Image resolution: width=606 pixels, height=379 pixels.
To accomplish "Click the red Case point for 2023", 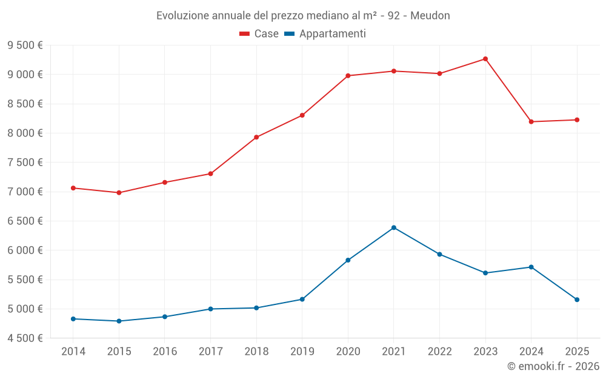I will tap(485, 59).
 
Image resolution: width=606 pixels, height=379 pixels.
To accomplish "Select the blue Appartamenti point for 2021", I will tap(394, 227).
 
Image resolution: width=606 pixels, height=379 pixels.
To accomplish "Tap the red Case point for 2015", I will tap(119, 193).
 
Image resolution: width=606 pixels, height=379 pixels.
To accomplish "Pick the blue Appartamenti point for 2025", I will tap(577, 300).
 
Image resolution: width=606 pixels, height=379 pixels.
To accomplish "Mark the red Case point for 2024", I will tap(531, 122).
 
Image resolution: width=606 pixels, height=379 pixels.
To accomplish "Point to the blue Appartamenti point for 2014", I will tap(73, 319).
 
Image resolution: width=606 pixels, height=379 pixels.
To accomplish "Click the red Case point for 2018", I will tap(256, 137).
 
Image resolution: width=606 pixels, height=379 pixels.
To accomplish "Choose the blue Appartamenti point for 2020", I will tap(348, 260).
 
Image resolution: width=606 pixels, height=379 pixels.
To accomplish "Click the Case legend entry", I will tap(259, 34).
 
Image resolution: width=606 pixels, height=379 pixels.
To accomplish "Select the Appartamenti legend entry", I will tap(325, 34).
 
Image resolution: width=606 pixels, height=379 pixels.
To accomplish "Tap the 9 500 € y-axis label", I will tap(25, 45).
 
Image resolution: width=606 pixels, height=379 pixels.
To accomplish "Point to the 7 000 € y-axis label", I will tap(25, 192).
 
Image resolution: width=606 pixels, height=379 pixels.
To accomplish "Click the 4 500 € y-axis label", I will tap(25, 338).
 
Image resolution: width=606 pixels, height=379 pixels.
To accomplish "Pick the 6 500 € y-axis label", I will tap(25, 221).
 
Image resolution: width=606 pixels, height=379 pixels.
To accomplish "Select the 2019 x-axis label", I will tap(302, 352).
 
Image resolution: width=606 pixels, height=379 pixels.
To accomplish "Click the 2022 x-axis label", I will tap(439, 352).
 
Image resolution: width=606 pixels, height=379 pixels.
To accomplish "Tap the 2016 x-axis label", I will tap(165, 352).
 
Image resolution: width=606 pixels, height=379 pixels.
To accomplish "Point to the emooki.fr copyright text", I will tap(553, 366).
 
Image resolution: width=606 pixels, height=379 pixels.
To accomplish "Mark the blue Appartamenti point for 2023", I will tap(485, 273).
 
